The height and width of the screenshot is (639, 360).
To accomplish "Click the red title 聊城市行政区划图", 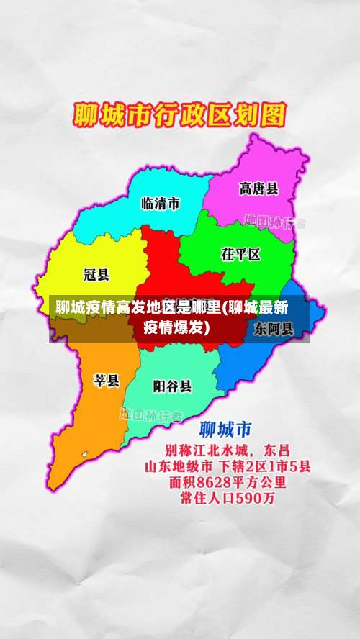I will click(180, 116).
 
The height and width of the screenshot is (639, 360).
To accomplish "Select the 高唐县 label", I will click(258, 189).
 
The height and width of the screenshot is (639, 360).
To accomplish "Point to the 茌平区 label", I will click(240, 254).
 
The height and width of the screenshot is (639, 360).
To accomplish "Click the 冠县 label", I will click(96, 274).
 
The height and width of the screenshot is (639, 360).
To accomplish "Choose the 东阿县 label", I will click(274, 329).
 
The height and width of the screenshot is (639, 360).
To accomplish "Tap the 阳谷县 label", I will click(173, 386).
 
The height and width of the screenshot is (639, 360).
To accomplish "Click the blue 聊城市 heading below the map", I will click(225, 430).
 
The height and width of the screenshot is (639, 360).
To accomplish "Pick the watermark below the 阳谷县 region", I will click(151, 415).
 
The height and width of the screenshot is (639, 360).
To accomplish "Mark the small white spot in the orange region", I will click(84, 455).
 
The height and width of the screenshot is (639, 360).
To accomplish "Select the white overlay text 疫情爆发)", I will click(176, 327).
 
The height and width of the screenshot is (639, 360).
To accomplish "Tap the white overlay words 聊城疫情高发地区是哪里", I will click(138, 309).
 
